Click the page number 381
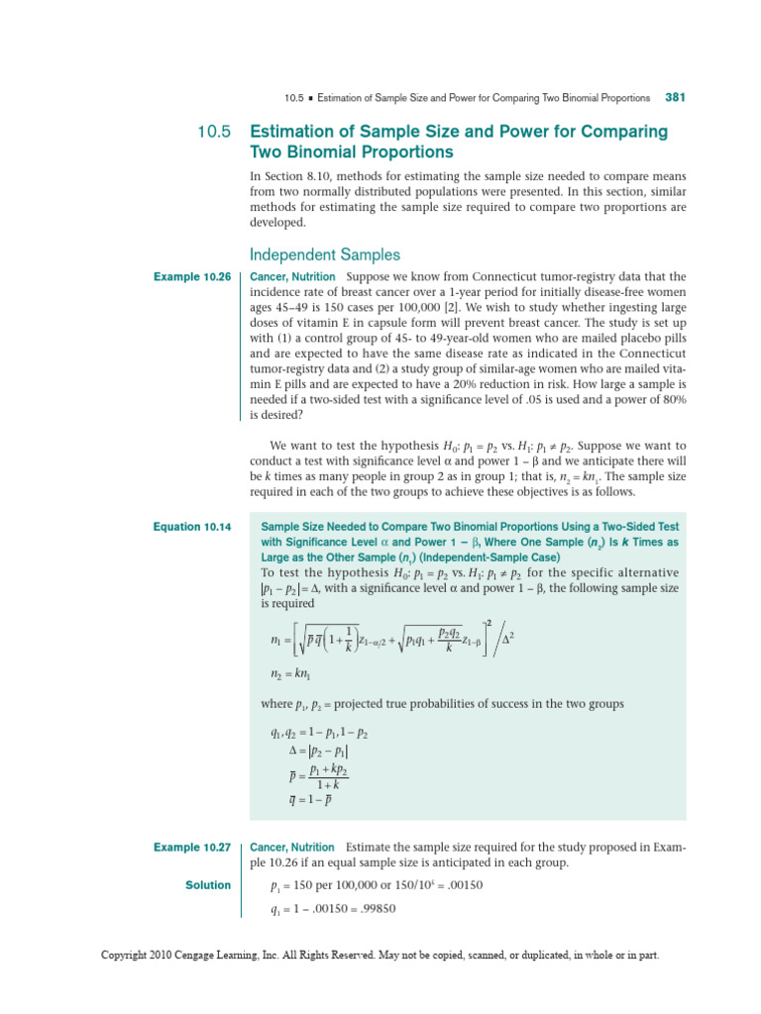(x=676, y=98)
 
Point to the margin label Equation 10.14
(x=192, y=527)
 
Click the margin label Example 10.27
(x=192, y=848)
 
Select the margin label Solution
(x=208, y=884)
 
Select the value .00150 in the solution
(x=463, y=885)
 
